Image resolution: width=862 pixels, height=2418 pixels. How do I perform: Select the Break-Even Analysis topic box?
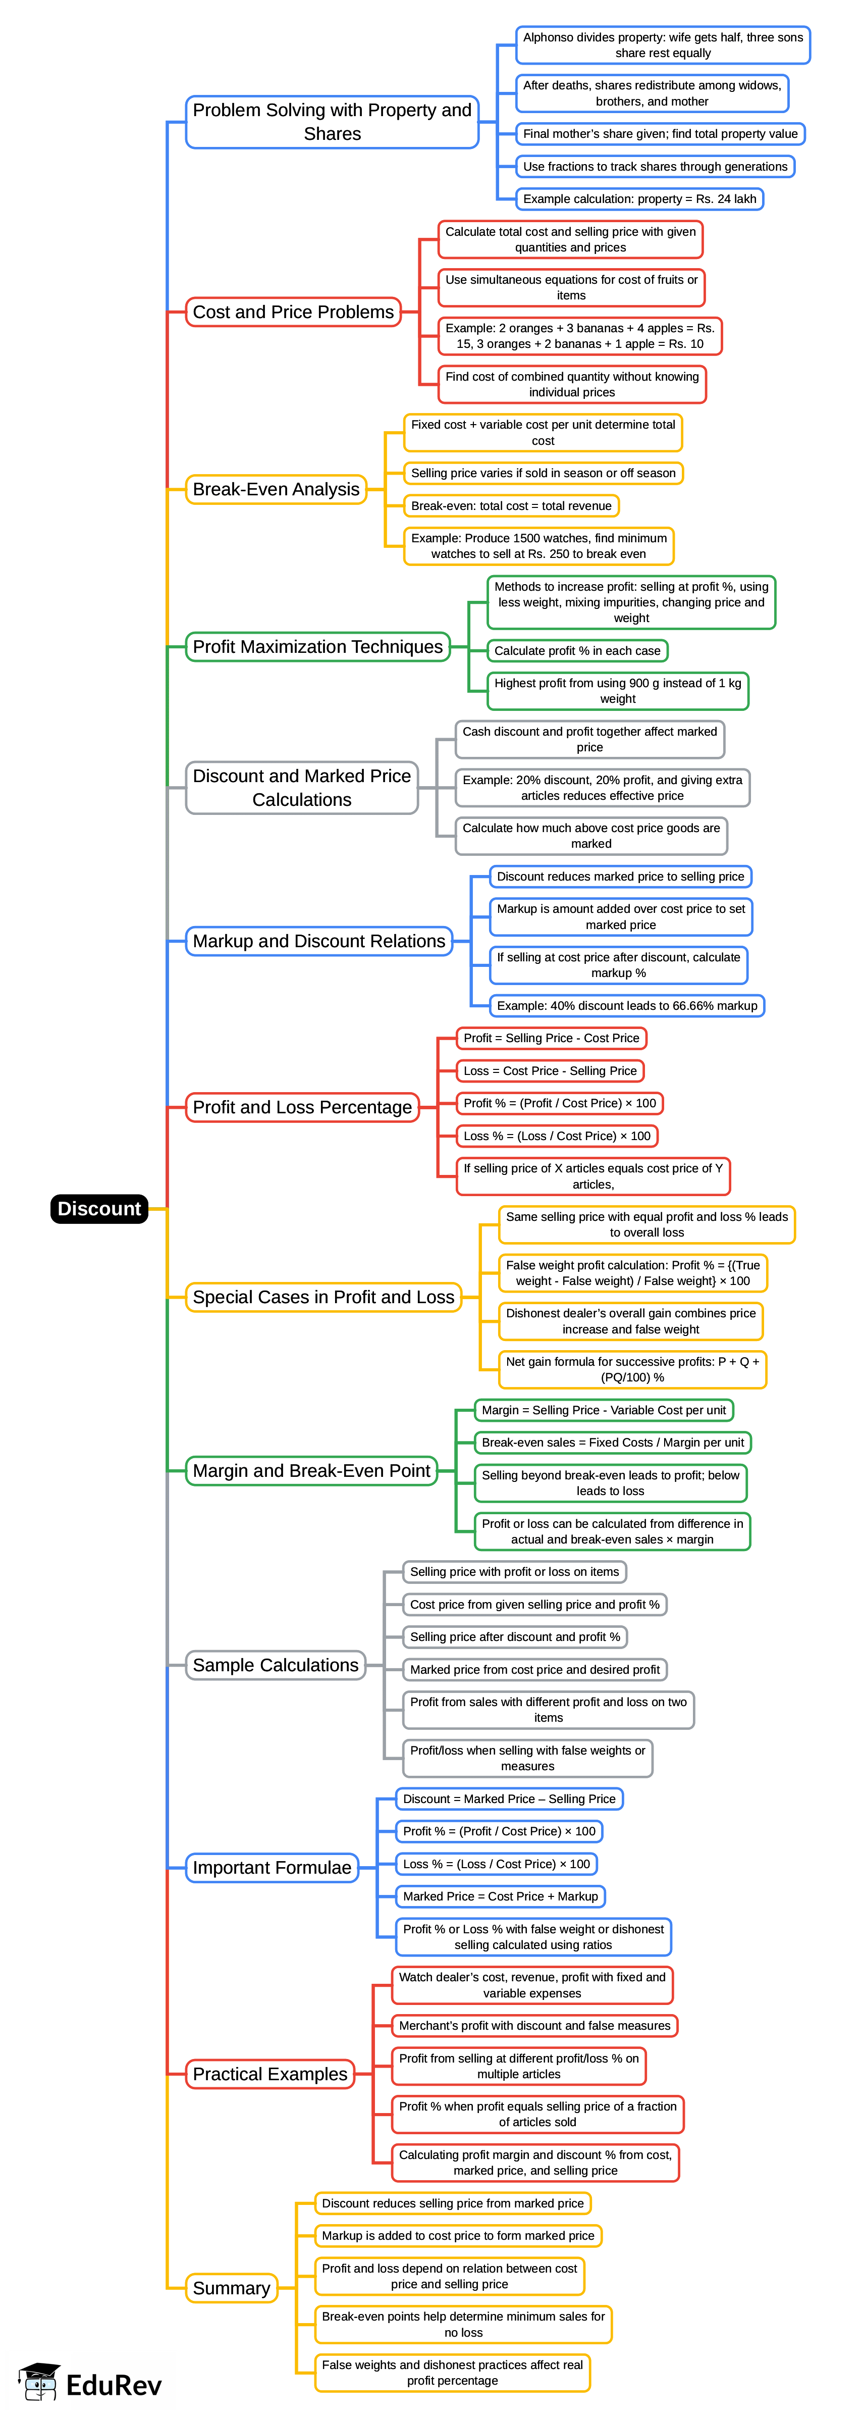pos(276,489)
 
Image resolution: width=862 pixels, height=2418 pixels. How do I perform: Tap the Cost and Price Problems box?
pos(293,312)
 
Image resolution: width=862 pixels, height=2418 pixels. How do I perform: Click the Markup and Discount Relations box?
pos(319,942)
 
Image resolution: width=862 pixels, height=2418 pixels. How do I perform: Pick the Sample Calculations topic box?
pos(275,1665)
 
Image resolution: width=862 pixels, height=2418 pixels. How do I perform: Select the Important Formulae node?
pos(272,1868)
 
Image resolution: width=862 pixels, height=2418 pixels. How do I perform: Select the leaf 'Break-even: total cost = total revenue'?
pos(511,506)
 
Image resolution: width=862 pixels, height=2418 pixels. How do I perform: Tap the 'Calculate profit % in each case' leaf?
pos(577,650)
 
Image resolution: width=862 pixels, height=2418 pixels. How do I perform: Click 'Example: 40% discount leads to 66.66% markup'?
pos(627,1005)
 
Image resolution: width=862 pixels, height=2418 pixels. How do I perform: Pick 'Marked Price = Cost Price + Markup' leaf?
pos(500,1896)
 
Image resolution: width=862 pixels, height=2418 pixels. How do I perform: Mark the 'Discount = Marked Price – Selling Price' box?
pos(509,1798)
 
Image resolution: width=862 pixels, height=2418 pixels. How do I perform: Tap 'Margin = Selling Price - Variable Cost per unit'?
pos(603,1410)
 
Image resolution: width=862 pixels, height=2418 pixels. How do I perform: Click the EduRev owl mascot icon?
pos(39,2381)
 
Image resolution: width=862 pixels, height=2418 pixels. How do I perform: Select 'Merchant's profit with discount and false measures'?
pos(534,2026)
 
